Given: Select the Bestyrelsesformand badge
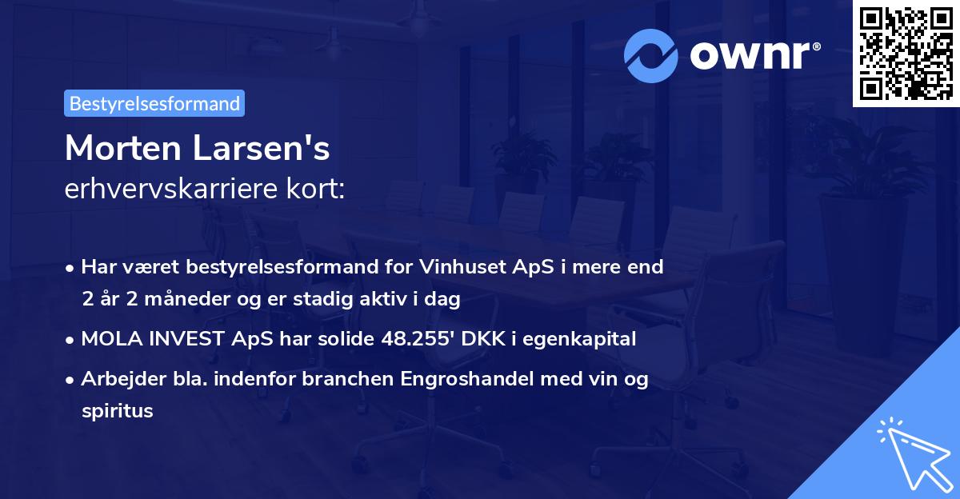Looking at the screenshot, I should [x=154, y=103].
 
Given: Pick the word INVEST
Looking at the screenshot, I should [x=178, y=339].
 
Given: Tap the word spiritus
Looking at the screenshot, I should [x=117, y=411].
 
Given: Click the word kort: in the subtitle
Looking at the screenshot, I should [x=318, y=189].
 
